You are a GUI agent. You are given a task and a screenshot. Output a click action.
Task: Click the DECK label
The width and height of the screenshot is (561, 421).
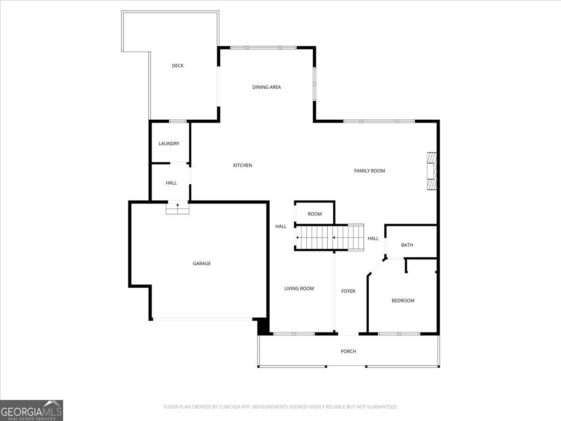(178, 65)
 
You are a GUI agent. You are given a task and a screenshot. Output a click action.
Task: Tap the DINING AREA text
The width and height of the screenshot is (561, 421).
(266, 87)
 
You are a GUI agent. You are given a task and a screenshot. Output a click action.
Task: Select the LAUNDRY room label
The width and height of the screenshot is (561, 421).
(169, 144)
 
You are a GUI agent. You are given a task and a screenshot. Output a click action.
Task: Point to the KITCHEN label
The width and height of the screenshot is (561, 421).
(243, 166)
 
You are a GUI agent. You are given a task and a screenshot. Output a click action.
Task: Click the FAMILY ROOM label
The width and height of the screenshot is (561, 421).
(370, 171)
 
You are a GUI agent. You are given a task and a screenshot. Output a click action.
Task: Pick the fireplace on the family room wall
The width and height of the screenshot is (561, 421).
(432, 171)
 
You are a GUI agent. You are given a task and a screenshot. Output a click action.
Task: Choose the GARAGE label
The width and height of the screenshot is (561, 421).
(201, 263)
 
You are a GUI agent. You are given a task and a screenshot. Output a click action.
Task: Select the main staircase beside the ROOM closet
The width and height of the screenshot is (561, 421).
(330, 238)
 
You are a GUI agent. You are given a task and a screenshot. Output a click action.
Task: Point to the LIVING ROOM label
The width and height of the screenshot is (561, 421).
(299, 289)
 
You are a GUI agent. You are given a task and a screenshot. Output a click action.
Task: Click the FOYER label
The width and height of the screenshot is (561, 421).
(348, 291)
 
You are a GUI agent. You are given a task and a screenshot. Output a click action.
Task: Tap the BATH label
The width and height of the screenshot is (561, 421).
(407, 245)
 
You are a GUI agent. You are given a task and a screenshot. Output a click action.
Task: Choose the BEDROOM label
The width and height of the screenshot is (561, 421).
(403, 301)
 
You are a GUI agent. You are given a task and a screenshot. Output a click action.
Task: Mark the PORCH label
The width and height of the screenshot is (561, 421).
(348, 351)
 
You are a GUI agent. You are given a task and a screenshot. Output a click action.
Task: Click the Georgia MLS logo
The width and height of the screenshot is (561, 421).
(31, 411)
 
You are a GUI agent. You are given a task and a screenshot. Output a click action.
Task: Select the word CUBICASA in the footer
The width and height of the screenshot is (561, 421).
(230, 406)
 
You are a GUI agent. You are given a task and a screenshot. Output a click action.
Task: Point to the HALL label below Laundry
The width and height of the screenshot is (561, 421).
(171, 183)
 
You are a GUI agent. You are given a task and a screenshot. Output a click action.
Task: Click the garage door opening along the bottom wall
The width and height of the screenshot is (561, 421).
(203, 319)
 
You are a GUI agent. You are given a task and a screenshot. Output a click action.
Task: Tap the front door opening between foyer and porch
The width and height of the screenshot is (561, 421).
(348, 334)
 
